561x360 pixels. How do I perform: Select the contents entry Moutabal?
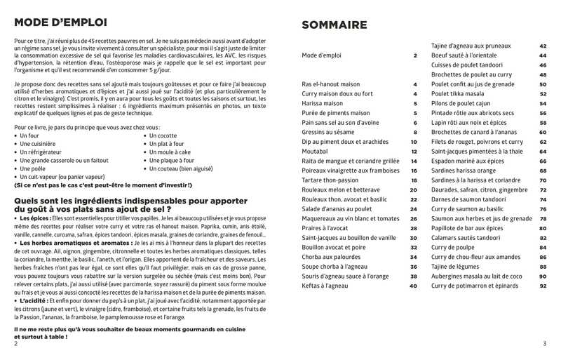pos(316,151)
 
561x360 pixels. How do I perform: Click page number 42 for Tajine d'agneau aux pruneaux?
pos(543,46)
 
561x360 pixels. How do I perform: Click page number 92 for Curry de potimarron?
pos(543,286)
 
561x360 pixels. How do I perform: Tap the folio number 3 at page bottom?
pos(544,343)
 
